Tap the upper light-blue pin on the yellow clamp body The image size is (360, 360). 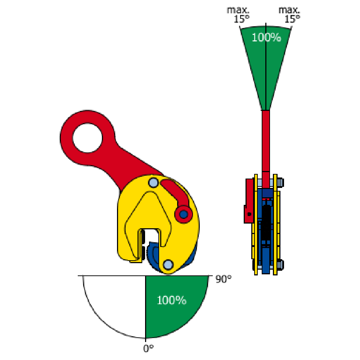point(153,183)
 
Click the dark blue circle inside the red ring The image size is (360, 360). point(184,215)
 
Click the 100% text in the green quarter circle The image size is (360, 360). point(171,300)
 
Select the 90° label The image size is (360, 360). point(223,279)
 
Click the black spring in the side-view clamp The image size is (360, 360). point(266,223)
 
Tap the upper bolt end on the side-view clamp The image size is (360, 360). point(281,182)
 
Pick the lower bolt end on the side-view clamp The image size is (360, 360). point(281,265)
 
